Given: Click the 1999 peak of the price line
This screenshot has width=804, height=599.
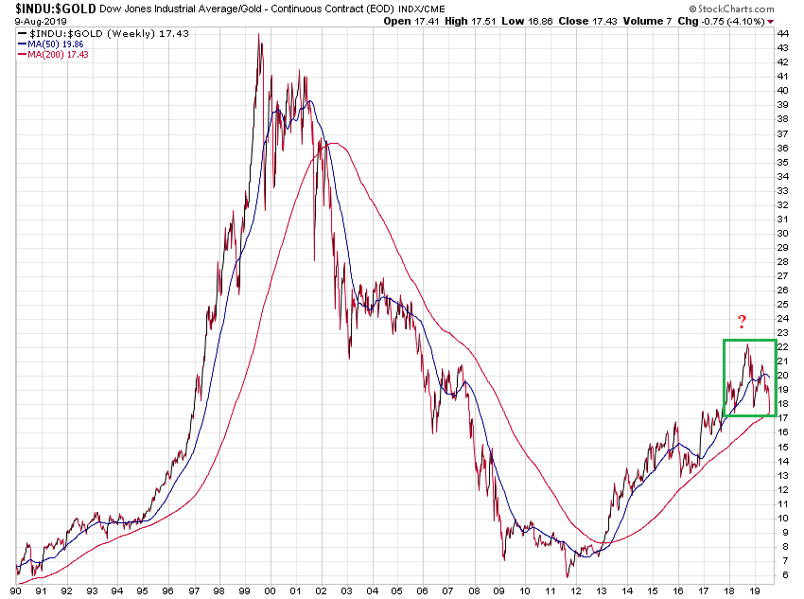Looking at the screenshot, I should click(x=259, y=35).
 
